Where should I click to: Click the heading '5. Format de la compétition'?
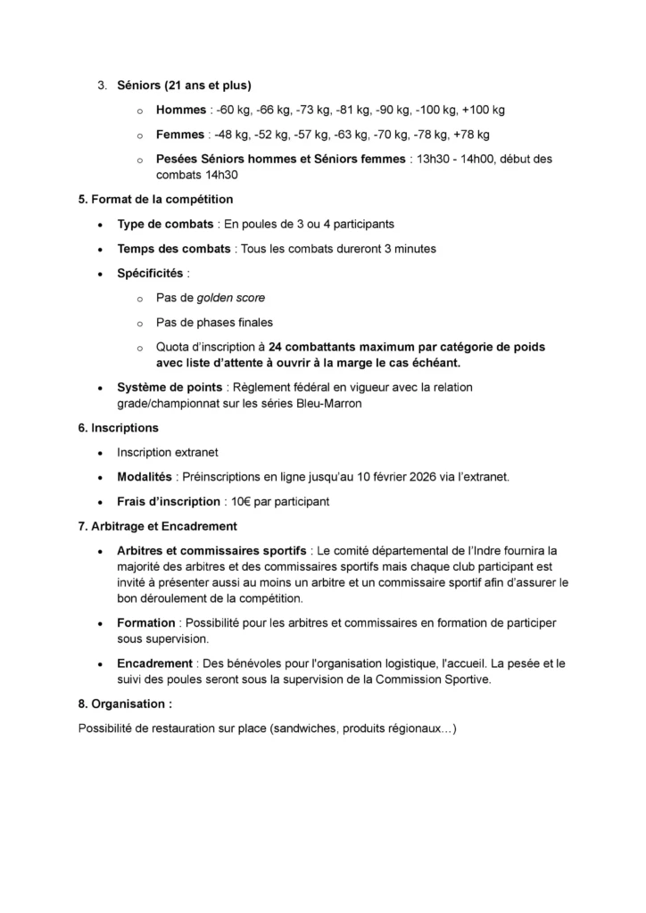coord(155,199)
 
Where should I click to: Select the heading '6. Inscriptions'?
coord(118,428)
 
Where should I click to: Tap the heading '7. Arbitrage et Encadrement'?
coord(157,526)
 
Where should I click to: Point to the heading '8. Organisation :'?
coord(125,703)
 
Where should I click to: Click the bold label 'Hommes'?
coord(180,110)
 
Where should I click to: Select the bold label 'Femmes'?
coord(181,135)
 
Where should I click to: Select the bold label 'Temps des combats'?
coord(173,249)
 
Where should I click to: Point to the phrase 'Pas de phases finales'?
coord(214,322)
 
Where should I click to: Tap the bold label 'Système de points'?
coord(170,387)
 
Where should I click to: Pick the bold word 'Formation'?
coord(146,622)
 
